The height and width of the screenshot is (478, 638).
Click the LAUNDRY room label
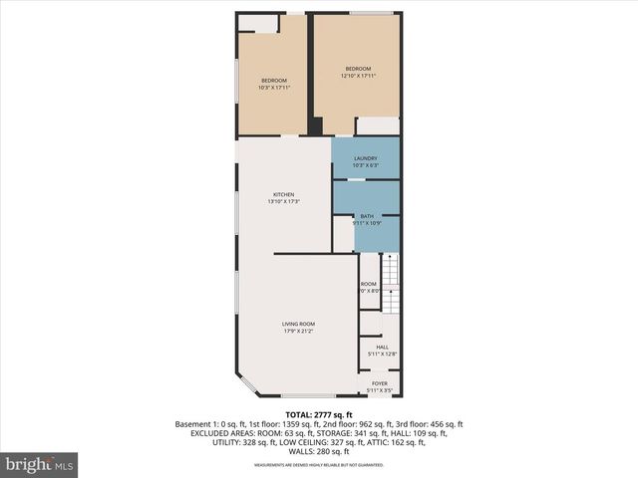click(366, 158)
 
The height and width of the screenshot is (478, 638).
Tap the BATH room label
click(367, 216)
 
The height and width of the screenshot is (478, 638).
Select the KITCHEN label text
click(284, 194)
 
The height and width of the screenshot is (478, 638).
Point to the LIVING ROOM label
click(298, 324)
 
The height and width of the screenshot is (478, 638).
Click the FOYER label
click(380, 383)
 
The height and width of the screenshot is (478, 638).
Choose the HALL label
click(382, 347)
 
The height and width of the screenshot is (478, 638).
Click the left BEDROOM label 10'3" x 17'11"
click(274, 81)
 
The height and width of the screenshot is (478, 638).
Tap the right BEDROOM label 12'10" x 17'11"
click(358, 69)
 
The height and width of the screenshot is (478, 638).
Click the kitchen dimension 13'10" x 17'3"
click(284, 202)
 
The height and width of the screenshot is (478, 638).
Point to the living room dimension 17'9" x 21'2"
click(298, 332)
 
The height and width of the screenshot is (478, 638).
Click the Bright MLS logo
click(40, 465)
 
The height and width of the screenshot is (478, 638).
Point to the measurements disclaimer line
click(319, 465)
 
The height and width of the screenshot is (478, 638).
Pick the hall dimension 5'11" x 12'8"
click(382, 354)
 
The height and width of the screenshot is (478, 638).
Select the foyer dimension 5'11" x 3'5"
click(380, 390)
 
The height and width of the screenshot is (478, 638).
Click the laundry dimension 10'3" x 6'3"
click(366, 165)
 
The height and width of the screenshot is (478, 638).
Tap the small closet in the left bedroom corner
click(258, 23)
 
